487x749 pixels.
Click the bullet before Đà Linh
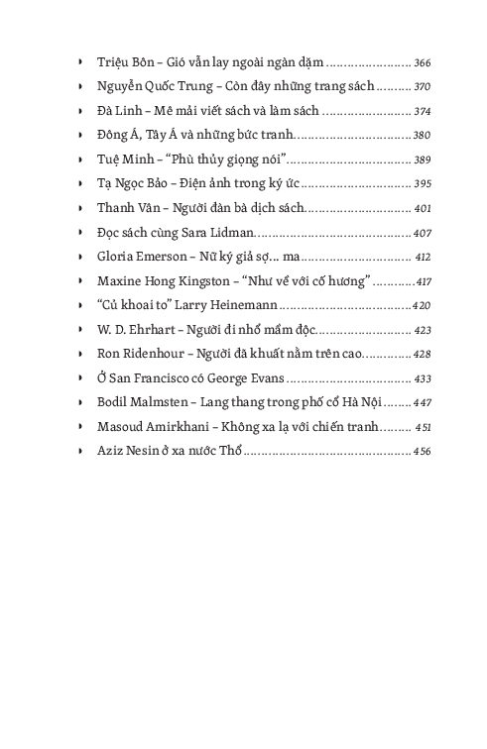[x=79, y=110]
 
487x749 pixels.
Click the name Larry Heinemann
[x=227, y=305]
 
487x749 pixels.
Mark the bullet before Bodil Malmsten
[x=79, y=402]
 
